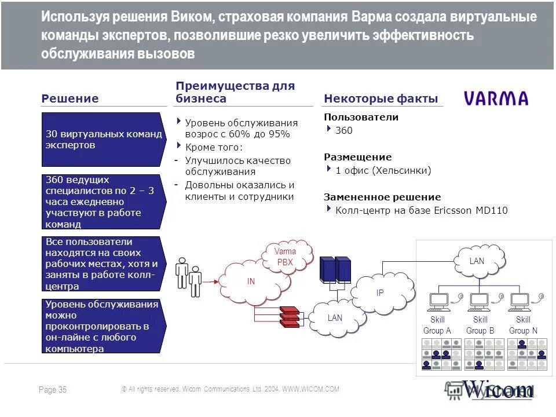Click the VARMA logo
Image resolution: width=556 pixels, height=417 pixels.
click(496, 98)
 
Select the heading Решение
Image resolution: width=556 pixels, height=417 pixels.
click(70, 98)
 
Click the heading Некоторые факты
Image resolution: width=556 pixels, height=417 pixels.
click(381, 98)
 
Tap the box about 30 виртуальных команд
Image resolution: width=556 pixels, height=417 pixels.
click(104, 140)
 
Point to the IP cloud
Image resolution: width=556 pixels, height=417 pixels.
click(381, 292)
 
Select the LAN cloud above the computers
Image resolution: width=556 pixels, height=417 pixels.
click(477, 261)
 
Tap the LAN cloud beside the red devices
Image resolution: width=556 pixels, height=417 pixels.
click(335, 317)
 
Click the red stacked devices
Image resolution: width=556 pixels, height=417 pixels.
click(290, 316)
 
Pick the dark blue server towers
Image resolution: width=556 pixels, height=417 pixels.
click(336, 270)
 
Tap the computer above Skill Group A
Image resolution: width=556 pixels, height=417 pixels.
click(438, 301)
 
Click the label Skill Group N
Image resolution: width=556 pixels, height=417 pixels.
click(523, 325)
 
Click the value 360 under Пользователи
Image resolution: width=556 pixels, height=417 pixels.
click(344, 130)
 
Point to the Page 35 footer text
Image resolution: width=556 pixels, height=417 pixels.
click(53, 390)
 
